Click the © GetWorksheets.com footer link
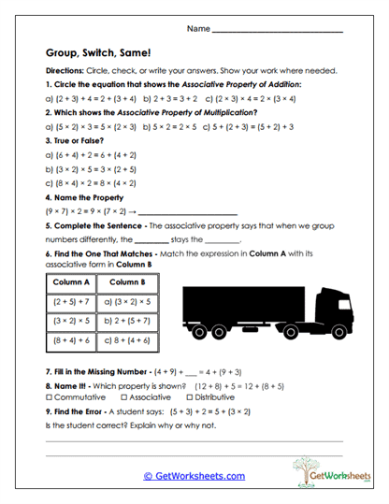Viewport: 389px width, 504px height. tap(194, 475)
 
